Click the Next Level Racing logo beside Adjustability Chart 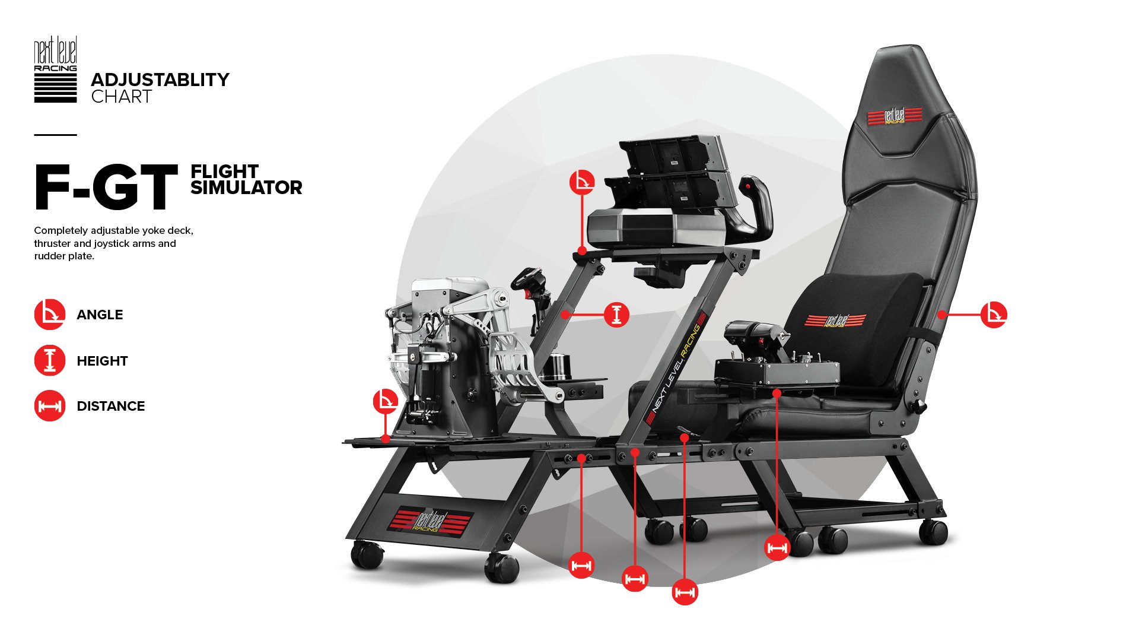[x=55, y=69]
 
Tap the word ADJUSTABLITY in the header [x=160, y=80]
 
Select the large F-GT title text [x=106, y=188]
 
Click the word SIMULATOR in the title [x=246, y=188]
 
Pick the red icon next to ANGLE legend [x=50, y=315]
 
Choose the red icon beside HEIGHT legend [x=50, y=360]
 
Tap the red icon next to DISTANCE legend [x=50, y=406]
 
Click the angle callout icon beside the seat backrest [x=994, y=315]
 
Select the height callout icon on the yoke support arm [x=616, y=315]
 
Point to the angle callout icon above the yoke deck [x=582, y=182]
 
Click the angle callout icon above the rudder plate [x=386, y=401]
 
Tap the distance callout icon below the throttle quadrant [x=777, y=547]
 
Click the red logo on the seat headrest [x=895, y=116]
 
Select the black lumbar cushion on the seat [x=854, y=326]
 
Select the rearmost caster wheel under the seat [x=933, y=531]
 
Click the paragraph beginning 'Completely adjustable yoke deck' [x=113, y=243]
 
